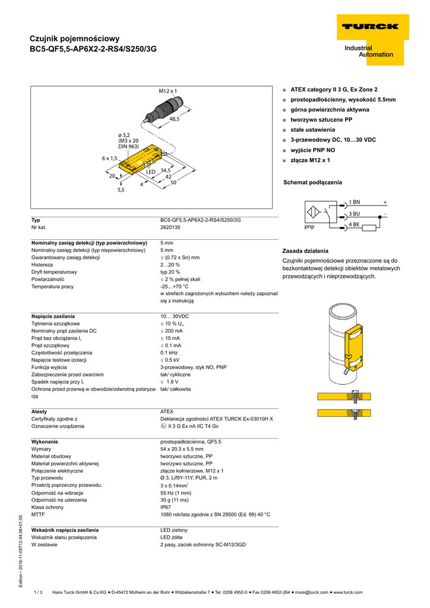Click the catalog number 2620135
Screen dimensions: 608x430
pos(170,227)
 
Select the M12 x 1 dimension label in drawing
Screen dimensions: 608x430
pos(167,91)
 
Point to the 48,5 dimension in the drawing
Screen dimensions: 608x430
pos(174,119)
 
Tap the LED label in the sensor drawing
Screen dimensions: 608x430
pos(150,172)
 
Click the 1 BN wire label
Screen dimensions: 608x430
pos(354,202)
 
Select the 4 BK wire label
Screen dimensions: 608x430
pos(354,224)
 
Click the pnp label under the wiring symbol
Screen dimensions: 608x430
pos(309,227)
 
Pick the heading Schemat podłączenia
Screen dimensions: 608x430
pos(312,182)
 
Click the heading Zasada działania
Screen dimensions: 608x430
pos(305,251)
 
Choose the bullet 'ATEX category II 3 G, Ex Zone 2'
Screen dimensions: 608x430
pos(334,90)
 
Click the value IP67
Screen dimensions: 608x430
pos(166,508)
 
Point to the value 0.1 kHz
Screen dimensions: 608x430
pos(170,353)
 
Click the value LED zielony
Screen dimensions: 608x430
pos(174,530)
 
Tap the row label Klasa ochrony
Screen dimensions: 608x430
pos(49,508)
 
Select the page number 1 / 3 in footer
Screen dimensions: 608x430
pos(39,592)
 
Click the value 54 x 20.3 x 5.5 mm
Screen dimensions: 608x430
pos(182,449)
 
